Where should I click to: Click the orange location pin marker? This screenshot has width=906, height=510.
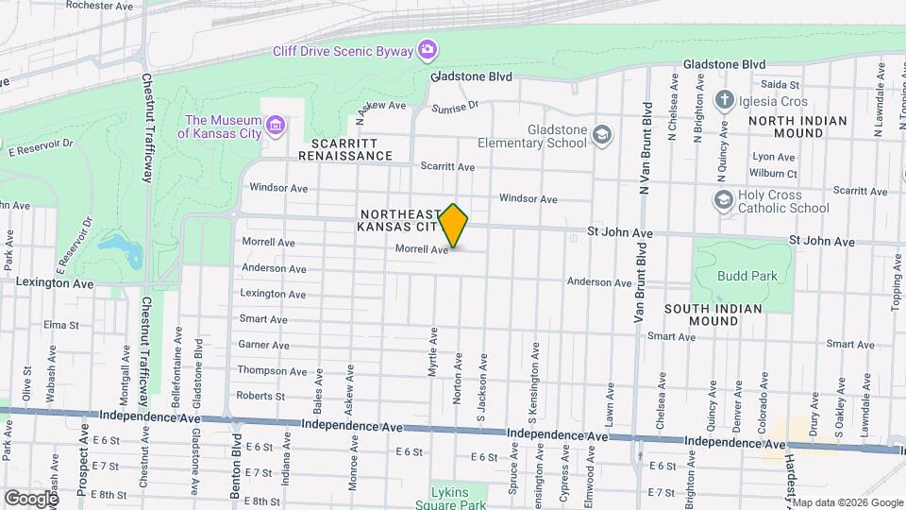tap(454, 225)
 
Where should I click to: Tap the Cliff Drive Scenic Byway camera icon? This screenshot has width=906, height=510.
tap(428, 48)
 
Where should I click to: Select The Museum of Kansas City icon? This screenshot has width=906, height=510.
tap(276, 126)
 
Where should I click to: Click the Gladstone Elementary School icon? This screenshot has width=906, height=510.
tap(602, 136)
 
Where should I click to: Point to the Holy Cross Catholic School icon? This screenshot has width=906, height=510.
tap(724, 200)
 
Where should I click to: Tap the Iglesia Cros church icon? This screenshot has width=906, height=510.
tap(724, 100)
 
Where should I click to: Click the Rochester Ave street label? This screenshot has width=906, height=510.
tap(100, 6)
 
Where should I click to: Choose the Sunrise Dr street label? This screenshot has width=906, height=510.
tap(456, 108)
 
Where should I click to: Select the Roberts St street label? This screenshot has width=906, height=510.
tap(260, 396)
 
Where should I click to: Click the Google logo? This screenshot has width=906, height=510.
tap(30, 498)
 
